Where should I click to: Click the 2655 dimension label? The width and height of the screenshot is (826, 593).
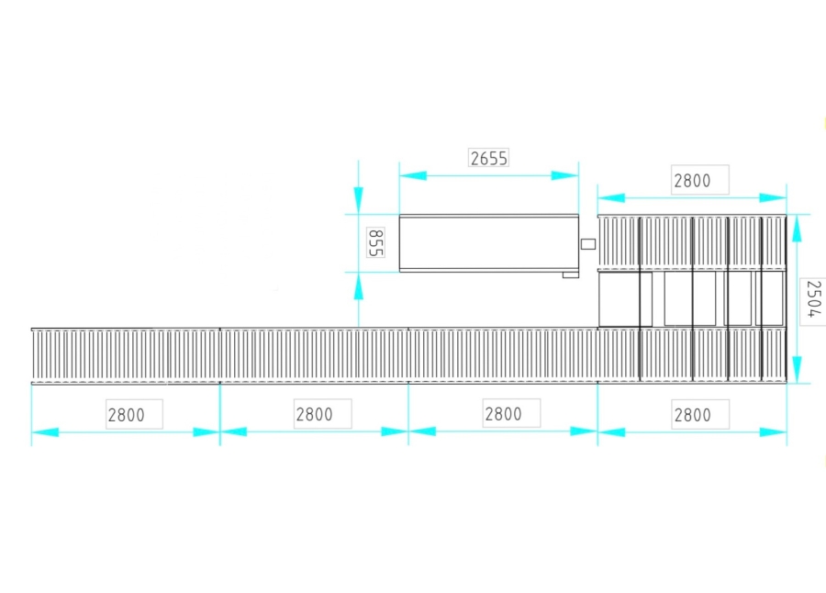pyautogui.click(x=488, y=158)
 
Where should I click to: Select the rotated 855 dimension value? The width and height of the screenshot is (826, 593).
pyautogui.click(x=375, y=242)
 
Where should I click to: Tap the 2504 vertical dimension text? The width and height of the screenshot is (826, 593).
pyautogui.click(x=813, y=299)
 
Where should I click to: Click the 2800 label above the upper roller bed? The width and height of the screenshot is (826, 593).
pyautogui.click(x=692, y=181)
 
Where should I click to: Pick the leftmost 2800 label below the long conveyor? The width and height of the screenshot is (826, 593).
pyautogui.click(x=126, y=415)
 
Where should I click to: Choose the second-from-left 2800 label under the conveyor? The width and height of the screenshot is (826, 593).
pyautogui.click(x=314, y=414)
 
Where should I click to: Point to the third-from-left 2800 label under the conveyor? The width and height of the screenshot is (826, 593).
pyautogui.click(x=503, y=414)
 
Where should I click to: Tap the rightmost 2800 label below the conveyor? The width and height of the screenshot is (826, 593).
pyautogui.click(x=692, y=415)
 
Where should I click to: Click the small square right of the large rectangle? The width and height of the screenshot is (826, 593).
pyautogui.click(x=588, y=244)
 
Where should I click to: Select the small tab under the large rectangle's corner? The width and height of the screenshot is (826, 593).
pyautogui.click(x=571, y=274)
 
